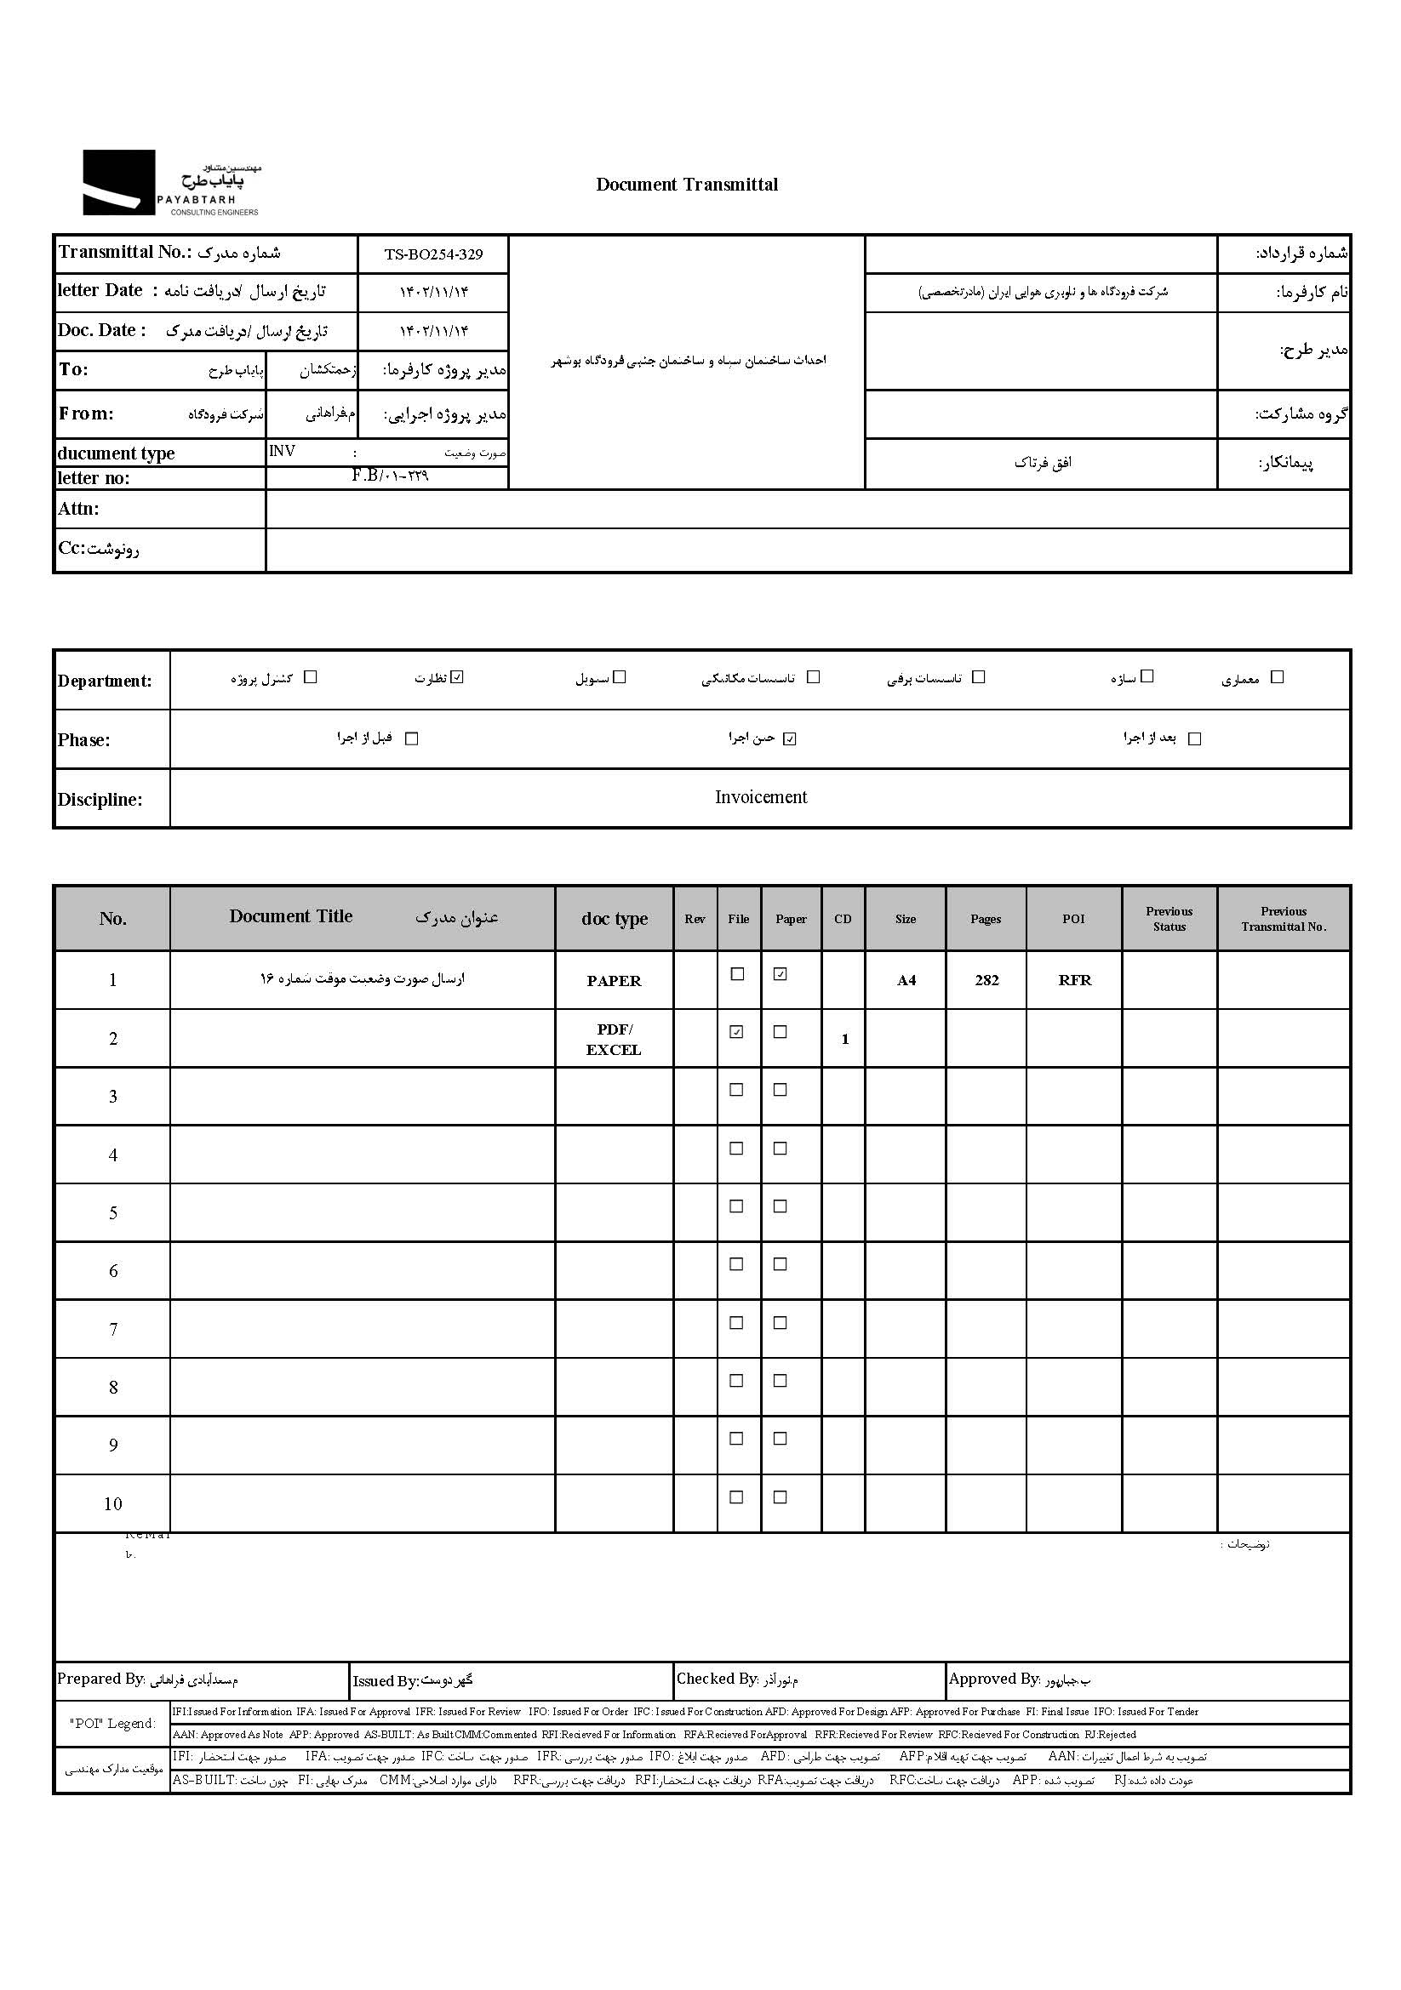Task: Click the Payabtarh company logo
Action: coord(171,183)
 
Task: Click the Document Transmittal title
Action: coord(687,184)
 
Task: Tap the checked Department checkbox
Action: coord(459,677)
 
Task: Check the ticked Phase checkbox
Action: coord(789,738)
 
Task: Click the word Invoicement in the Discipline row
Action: coord(760,797)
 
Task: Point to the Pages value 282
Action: coord(986,980)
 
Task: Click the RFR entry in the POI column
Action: coord(1074,980)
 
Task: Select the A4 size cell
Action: coord(906,980)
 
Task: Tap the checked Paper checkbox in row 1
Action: coord(781,974)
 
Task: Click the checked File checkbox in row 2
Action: coord(737,1032)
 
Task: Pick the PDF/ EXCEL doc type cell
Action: coord(614,1039)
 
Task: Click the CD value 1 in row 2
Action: coord(845,1039)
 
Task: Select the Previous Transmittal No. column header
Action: coord(1283,919)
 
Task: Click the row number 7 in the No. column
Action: coord(112,1330)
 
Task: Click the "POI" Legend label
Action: coord(112,1724)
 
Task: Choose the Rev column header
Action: coord(695,919)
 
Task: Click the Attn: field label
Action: coord(79,509)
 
